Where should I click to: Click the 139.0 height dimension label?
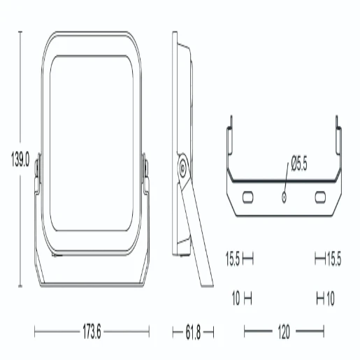(20, 159)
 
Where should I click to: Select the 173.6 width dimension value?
(92, 331)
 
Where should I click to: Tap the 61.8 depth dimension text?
(193, 332)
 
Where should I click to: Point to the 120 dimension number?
(284, 331)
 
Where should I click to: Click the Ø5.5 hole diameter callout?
(299, 164)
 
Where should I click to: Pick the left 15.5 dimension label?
(233, 259)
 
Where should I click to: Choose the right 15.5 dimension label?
(334, 259)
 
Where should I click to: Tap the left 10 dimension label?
(236, 298)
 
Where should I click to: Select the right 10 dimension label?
(331, 298)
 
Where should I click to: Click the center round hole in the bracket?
(284, 197)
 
